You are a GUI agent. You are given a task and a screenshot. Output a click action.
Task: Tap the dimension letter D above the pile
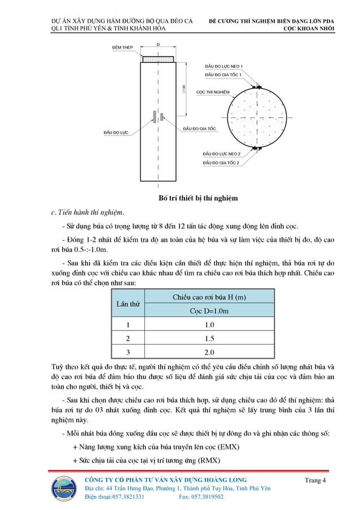[x=158, y=44]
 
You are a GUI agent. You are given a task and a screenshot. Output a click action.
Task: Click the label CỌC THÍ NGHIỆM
[x=213, y=91]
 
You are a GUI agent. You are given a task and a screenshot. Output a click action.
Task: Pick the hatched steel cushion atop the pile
[x=158, y=58]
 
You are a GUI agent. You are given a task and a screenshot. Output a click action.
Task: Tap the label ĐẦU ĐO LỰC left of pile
[x=116, y=133]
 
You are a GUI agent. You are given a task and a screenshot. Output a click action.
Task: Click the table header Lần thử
[x=128, y=304]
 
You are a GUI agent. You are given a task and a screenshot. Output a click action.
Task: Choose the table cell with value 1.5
[x=209, y=338]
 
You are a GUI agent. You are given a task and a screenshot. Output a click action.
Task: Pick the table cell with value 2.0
[x=209, y=352]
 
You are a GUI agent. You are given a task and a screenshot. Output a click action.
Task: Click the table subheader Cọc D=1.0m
[x=209, y=311]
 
